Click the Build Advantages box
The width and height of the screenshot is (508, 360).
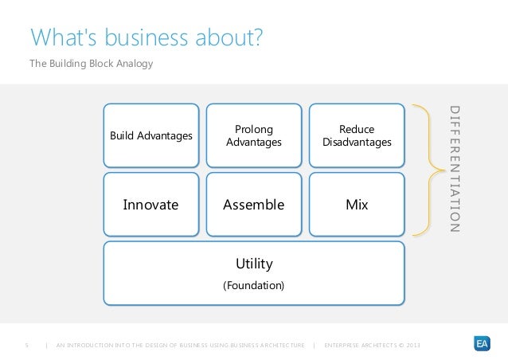[150, 135]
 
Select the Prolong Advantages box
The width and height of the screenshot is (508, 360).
[254, 135]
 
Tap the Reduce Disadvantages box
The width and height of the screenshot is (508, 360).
[357, 135]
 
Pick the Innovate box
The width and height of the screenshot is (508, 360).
[150, 205]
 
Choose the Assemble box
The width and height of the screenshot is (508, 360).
[254, 205]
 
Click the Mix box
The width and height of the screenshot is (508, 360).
[357, 205]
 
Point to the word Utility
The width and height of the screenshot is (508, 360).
[254, 263]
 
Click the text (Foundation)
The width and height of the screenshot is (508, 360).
[254, 284]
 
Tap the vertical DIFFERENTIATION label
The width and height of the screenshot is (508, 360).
[455, 169]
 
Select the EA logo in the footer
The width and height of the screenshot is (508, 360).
[481, 343]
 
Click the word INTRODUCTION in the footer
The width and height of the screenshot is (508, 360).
[89, 344]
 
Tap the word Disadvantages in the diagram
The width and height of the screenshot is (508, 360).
[357, 143]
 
